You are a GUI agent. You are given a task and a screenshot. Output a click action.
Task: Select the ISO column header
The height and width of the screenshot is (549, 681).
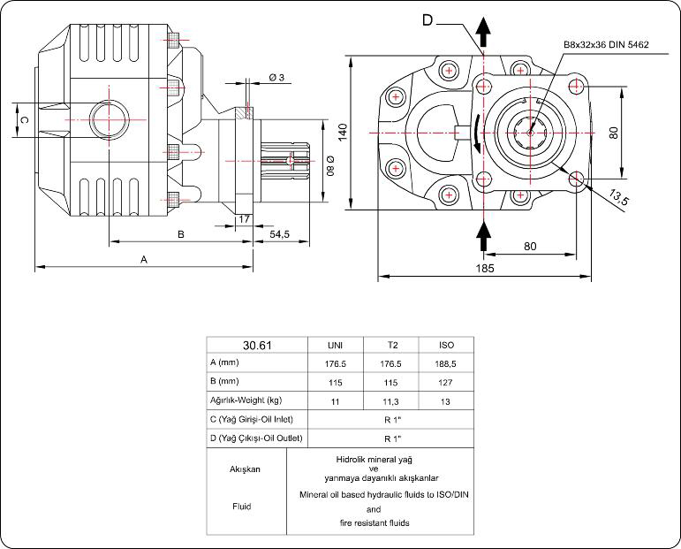click(446, 345)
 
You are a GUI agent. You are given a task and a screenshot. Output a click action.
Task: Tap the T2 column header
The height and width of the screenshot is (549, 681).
click(391, 345)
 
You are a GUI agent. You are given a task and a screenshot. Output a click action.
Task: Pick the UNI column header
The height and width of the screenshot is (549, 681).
click(336, 345)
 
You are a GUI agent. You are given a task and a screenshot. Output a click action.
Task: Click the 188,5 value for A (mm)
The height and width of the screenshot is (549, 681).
click(446, 362)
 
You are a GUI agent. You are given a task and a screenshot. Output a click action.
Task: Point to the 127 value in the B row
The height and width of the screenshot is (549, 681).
click(446, 382)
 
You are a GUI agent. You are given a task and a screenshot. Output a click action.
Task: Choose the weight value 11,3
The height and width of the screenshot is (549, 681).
click(391, 400)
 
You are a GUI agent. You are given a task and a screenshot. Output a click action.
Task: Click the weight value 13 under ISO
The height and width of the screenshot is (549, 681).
click(446, 400)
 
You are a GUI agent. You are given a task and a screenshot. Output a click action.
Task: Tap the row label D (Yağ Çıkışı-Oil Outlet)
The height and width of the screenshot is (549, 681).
click(256, 438)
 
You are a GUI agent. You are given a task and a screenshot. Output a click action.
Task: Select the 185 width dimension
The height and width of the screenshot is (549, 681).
click(483, 267)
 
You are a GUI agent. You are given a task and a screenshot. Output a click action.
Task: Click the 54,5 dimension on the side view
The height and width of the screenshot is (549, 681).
click(280, 233)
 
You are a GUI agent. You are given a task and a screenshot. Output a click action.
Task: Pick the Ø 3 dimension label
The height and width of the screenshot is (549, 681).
click(276, 78)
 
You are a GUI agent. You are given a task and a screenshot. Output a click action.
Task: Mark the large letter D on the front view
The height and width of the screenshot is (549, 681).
click(428, 20)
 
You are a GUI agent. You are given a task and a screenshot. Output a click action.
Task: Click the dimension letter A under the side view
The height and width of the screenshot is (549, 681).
click(143, 258)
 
